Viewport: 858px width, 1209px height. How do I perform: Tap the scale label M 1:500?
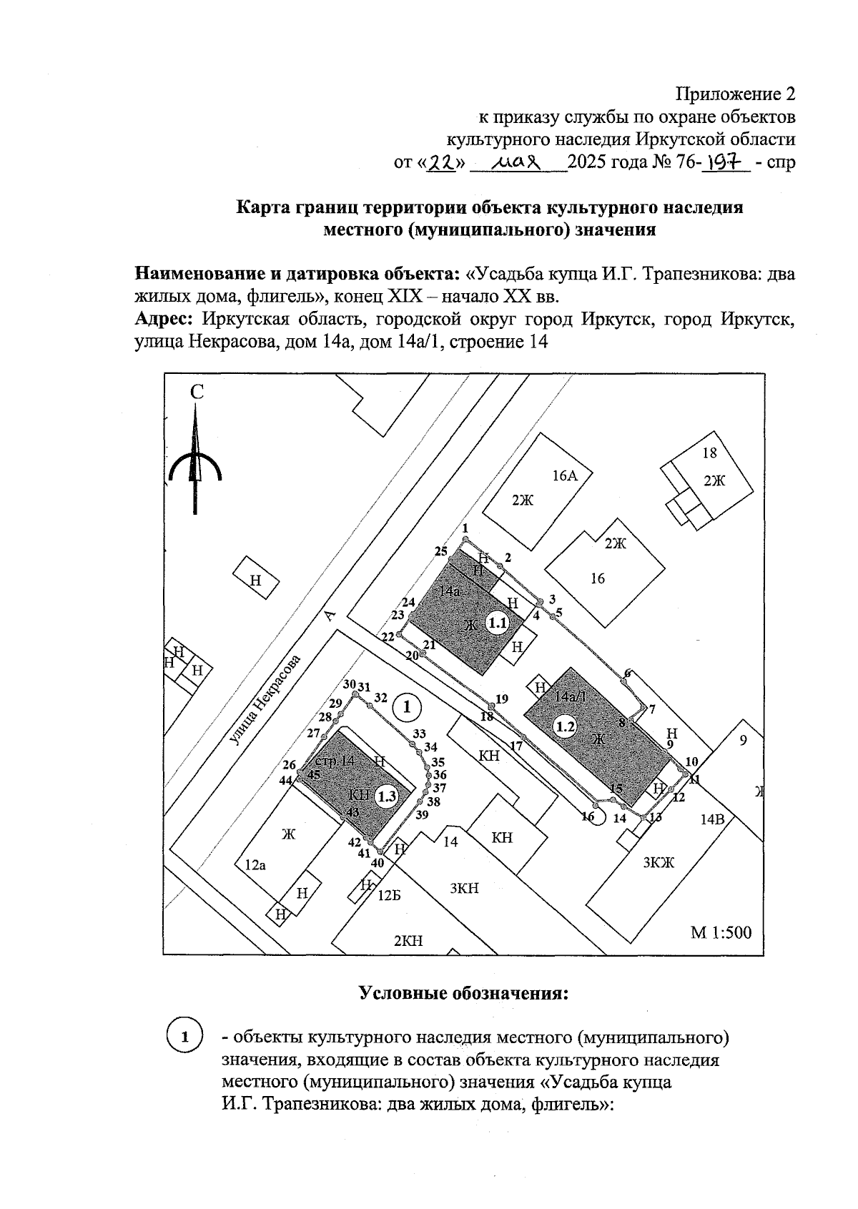721,932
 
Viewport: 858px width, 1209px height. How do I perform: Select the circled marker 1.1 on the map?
497,623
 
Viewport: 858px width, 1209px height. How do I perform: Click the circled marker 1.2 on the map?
566,726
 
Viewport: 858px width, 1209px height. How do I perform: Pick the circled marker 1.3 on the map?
386,796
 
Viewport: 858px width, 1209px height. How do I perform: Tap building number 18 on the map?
709,453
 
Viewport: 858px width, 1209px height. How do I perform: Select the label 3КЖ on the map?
659,863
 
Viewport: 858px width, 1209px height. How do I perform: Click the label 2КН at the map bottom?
408,941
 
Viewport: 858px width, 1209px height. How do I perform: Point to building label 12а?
255,865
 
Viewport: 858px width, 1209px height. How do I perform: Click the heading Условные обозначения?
463,993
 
